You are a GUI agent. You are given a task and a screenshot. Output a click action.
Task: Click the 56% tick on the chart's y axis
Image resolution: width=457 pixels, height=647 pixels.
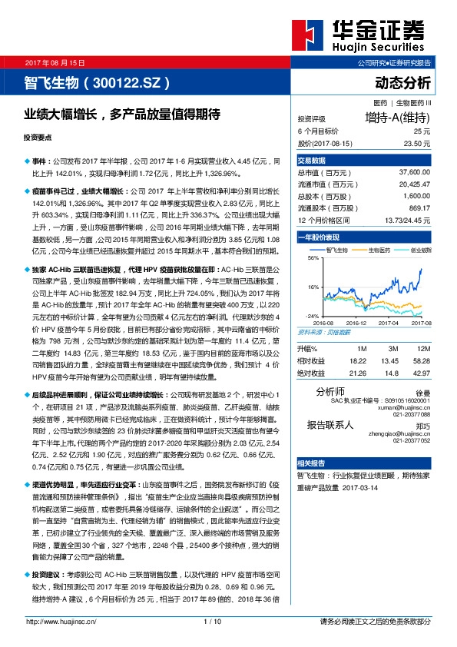tap(313, 258)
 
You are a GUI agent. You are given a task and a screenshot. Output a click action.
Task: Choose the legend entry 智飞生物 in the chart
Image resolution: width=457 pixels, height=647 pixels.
tap(339, 250)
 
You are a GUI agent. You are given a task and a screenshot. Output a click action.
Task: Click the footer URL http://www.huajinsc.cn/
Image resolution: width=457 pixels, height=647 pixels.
tap(61, 622)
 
